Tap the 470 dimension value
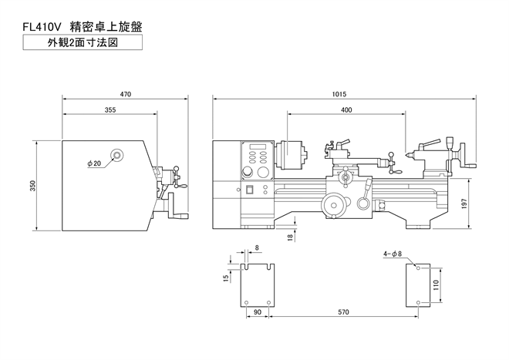coord(125,95)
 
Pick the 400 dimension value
coord(346,111)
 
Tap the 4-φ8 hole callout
coord(392,254)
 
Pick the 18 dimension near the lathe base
coord(290,237)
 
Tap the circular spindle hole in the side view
coord(116,155)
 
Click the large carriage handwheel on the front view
coord(334,204)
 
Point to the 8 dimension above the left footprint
coord(257,247)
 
